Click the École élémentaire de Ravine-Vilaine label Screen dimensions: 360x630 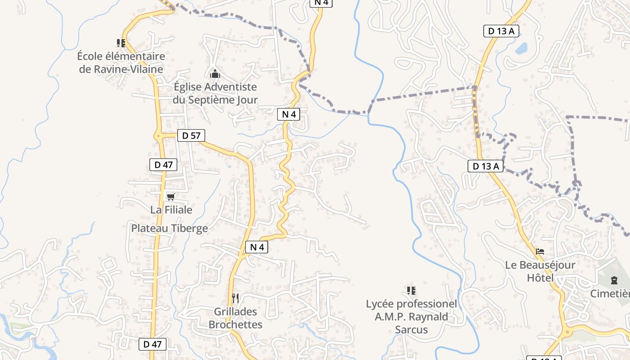click(121, 63)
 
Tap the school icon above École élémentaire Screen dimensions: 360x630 click(121, 43)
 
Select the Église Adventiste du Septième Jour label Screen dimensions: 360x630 click(215, 93)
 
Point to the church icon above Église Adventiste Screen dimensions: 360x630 click(215, 74)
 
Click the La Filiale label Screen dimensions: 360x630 click(171, 210)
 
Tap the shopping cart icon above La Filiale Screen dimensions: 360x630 click(171, 197)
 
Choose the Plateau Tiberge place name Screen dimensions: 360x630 click(169, 228)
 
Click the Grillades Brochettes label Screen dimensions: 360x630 click(235, 318)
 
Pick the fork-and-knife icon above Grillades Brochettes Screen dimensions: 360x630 click(235, 298)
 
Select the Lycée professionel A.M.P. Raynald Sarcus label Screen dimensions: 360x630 click(411, 317)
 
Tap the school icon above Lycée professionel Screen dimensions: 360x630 click(411, 291)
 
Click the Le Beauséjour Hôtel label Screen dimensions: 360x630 click(540, 271)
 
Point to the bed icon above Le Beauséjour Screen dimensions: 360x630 click(540, 252)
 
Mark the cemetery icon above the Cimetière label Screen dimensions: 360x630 click(614, 281)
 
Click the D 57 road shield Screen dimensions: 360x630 click(191, 135)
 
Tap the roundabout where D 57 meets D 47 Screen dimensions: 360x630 click(158, 135)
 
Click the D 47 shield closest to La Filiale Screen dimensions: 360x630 click(163, 165)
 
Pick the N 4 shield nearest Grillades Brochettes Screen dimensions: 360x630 click(256, 247)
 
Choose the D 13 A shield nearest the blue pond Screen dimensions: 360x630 click(501, 31)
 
